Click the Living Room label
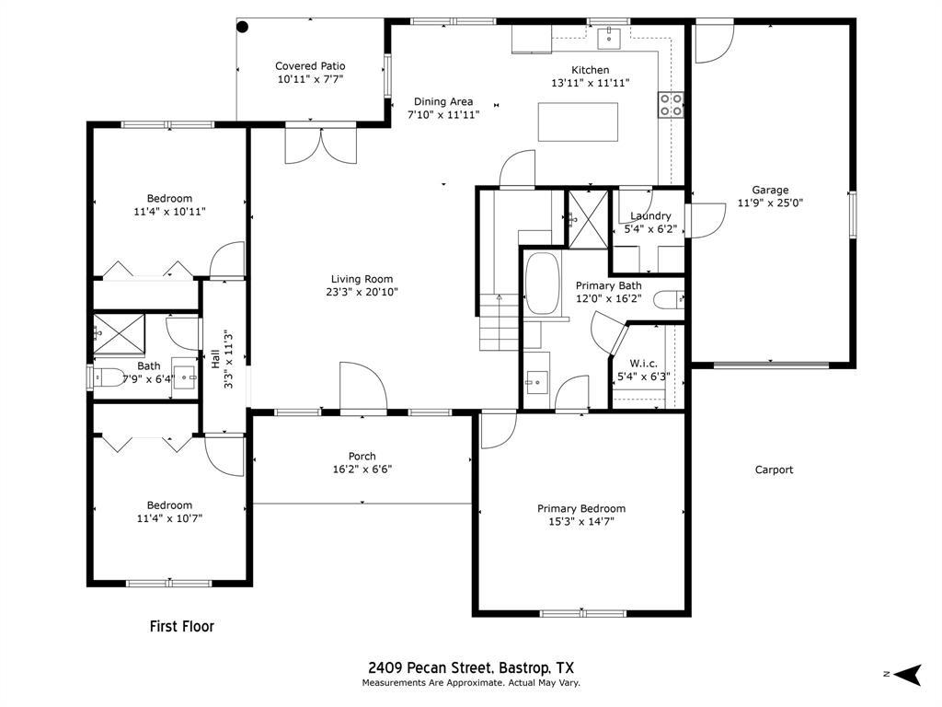coord(362,279)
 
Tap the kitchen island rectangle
coord(578,122)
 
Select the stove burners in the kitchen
coord(671,105)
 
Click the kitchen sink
coord(609,37)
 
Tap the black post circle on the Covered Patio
coord(243,27)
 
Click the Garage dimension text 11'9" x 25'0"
coord(770,203)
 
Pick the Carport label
coord(774,469)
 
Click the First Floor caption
coord(182,627)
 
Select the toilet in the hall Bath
coord(110,377)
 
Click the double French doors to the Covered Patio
coord(320,145)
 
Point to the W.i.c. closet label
coord(643,364)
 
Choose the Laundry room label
coord(650,216)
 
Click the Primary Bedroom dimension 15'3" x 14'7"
coord(581,521)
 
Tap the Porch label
coord(362,457)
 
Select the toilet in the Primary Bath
coord(669,298)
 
